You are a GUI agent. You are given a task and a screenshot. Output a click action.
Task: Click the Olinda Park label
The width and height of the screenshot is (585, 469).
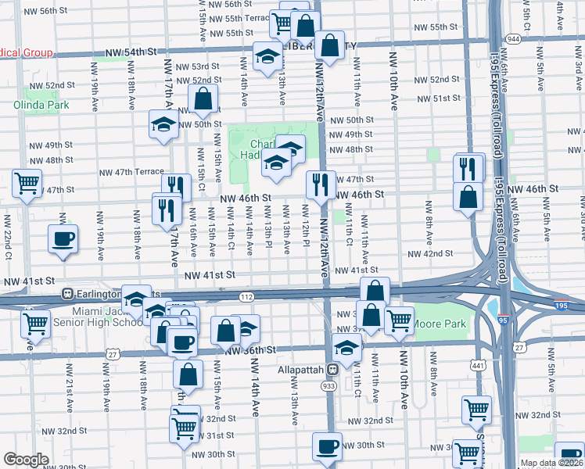pos(41,106)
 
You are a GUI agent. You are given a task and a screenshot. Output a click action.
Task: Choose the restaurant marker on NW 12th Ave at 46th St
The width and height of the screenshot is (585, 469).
pos(321,185)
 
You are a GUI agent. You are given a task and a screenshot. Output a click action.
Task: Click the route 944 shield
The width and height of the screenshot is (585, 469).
pos(513,38)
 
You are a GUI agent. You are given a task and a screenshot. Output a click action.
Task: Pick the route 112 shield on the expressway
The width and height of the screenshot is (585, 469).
pos(247,296)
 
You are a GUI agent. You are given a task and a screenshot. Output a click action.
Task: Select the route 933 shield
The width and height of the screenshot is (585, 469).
pos(327,386)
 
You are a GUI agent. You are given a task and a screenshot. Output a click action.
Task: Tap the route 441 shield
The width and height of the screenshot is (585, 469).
pos(478,364)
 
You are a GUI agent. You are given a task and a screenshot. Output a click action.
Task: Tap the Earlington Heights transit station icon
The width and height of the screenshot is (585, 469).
pos(69,295)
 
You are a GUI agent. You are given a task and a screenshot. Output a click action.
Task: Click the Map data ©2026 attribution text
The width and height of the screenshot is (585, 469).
pos(551,463)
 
